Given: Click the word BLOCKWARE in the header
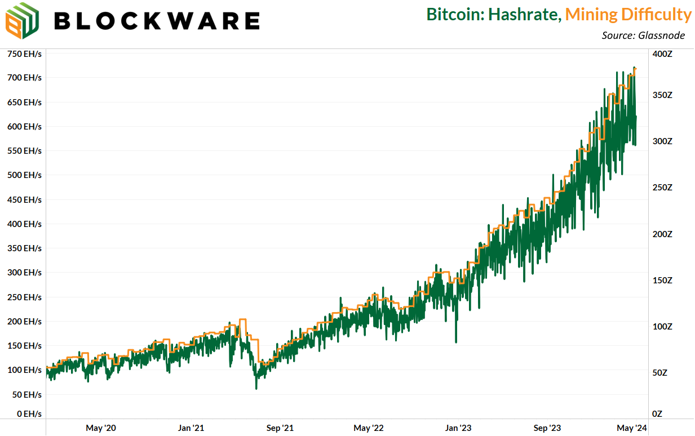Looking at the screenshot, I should coord(157,21).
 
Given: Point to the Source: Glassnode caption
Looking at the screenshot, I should coord(643,35).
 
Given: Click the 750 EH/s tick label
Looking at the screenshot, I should coord(24,54).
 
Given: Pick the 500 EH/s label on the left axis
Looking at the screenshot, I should coord(24,175).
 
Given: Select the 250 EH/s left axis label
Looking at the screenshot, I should coord(24,297).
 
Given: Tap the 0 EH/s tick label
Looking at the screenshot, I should coord(28,413).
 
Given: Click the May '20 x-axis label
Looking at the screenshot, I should coord(101,428).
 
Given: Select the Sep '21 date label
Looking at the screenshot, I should coord(280,428).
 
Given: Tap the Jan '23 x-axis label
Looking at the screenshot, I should coord(458,428).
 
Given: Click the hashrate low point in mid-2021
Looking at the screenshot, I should coord(256,388).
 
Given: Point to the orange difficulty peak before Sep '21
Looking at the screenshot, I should coord(243,320).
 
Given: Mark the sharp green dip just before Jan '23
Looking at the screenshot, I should coord(456,341).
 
